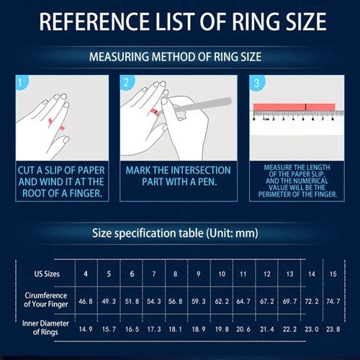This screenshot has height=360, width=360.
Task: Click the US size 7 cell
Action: coord(153,274)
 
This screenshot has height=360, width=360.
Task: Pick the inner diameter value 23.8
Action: coord(333,329)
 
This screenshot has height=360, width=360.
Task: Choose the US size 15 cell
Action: coord(333,274)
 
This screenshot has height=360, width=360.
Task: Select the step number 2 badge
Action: coord(125,83)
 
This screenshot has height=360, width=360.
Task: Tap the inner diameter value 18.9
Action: coord(198,329)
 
